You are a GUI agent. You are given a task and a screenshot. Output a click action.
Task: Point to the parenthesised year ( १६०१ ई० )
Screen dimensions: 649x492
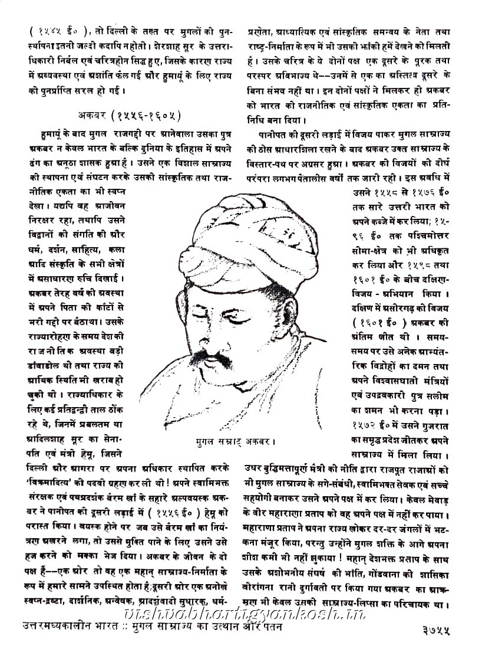(x=381, y=324)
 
